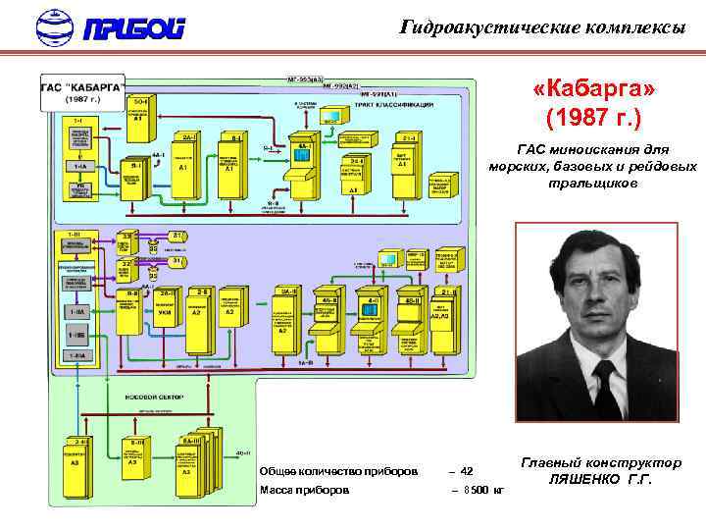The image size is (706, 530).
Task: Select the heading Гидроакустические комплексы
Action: click(542, 27)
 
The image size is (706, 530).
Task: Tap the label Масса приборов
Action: click(304, 489)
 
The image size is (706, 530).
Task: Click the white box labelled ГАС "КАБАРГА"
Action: click(81, 92)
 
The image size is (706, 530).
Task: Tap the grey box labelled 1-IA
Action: click(78, 167)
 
